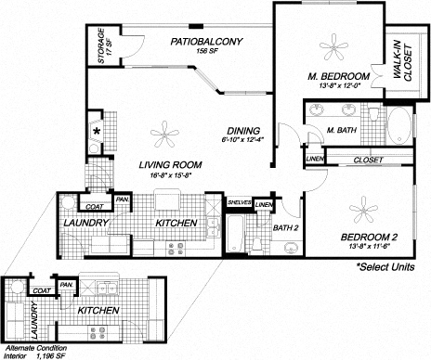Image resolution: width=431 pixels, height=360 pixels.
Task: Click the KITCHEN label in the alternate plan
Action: [99, 309]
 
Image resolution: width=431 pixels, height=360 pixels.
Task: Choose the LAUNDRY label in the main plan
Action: [85, 224]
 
